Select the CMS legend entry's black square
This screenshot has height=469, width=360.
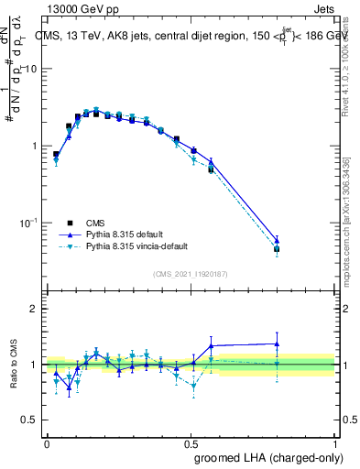(71, 222)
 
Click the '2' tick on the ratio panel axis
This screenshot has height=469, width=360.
(36, 309)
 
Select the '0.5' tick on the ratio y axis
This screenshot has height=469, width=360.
(32, 420)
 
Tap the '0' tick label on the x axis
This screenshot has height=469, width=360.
(47, 442)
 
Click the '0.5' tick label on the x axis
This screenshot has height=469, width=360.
(191, 442)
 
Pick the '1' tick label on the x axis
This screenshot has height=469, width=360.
(335, 442)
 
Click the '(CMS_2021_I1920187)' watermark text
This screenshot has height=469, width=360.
(191, 274)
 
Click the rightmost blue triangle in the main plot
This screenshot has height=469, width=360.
(277, 240)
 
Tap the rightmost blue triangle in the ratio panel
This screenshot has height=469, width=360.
(277, 344)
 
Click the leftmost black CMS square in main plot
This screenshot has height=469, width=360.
(56, 154)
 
